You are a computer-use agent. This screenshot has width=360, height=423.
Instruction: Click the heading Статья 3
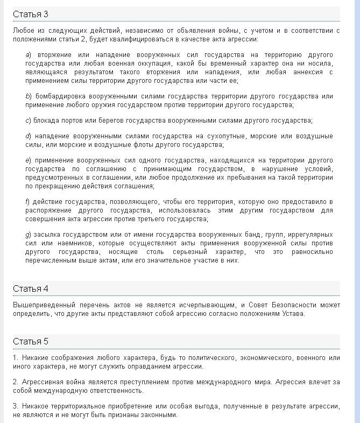coord(30,14)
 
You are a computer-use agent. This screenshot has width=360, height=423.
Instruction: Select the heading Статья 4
coord(30,288)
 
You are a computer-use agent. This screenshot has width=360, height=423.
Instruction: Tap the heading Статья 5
coord(30,341)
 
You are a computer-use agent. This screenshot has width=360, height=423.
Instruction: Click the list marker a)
coord(29,55)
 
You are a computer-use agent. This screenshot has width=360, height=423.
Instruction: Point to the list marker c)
coord(28,120)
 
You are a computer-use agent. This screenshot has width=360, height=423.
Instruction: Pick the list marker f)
coord(27,202)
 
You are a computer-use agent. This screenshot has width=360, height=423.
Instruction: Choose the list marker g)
coord(29,235)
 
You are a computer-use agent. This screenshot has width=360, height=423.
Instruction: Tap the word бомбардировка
coord(59,96)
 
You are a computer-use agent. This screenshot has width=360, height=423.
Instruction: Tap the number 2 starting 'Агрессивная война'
coord(15,382)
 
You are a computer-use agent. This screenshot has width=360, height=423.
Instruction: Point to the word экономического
coord(267,358)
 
